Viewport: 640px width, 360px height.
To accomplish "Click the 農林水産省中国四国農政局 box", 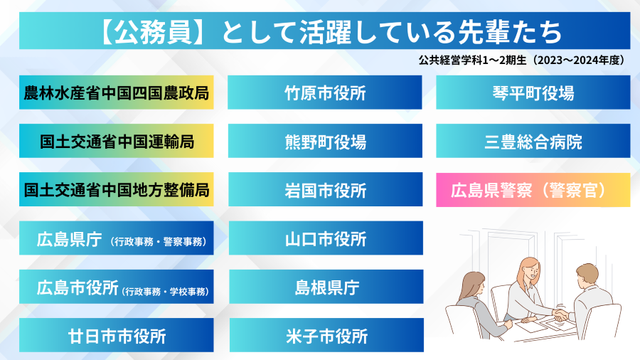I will (x=117, y=92).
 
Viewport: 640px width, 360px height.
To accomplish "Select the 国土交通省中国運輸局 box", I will (x=117, y=141).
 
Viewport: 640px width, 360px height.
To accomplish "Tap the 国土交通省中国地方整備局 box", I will (x=117, y=190).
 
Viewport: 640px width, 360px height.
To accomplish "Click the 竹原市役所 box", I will (x=325, y=92).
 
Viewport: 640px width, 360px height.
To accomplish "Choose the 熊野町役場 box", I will (x=325, y=141).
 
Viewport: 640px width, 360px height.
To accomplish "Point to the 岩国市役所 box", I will (x=325, y=190).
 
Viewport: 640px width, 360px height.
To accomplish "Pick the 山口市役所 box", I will (x=325, y=238).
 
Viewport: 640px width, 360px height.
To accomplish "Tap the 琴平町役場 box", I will (x=533, y=92).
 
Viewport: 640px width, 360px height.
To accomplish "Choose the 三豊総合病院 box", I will (x=533, y=141).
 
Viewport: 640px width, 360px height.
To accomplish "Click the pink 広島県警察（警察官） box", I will (x=533, y=190).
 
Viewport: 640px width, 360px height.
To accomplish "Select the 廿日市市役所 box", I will (x=117, y=335).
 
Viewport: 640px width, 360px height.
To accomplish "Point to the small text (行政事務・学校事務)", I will (x=164, y=290).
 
